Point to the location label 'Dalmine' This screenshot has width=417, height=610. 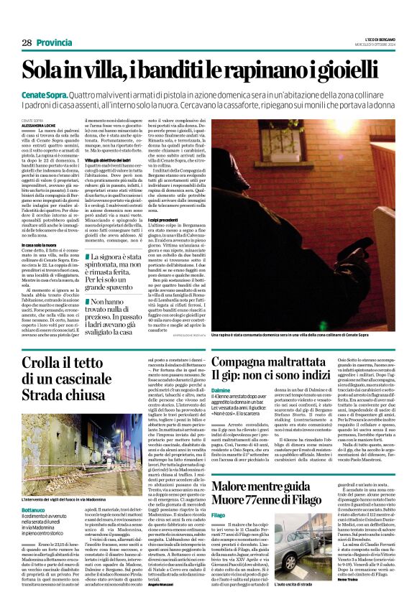pyautogui.click(x=221, y=389)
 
